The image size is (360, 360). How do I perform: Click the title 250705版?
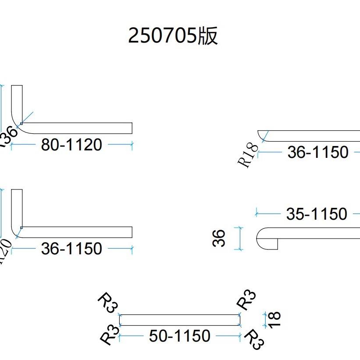click(173, 36)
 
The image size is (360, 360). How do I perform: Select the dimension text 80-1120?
click(71, 144)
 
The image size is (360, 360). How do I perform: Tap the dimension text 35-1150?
click(316, 214)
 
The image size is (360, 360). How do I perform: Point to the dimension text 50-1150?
click(179, 336)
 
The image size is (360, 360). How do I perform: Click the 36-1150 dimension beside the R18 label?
click(318, 153)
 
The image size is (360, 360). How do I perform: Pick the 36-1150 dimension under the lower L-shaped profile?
click(71, 249)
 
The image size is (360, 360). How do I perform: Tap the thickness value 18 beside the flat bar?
click(275, 319)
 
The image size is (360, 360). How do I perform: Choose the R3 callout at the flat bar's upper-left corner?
click(107, 303)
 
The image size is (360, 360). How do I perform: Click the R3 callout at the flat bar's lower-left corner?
click(110, 336)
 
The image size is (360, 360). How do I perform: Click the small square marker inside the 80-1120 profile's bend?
click(21, 124)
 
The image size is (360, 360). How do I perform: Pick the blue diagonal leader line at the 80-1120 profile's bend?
click(27, 118)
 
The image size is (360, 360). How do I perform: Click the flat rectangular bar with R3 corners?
click(179, 320)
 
